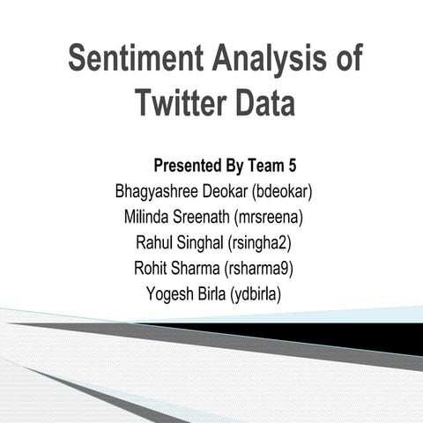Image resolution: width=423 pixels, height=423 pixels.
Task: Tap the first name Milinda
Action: pyautogui.click(x=151, y=217)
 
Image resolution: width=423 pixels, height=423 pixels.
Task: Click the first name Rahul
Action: pyautogui.click(x=156, y=242)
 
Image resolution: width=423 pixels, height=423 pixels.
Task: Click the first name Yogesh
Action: pyautogui.click(x=168, y=294)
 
